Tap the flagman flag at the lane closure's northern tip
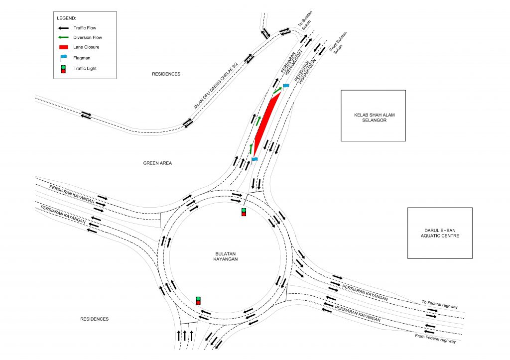pyautogui.click(x=285, y=87)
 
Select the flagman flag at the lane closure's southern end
pyautogui.click(x=255, y=160)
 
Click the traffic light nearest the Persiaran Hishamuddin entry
pyautogui.click(x=244, y=212)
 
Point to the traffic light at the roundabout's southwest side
pyautogui.click(x=198, y=300)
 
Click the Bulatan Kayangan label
pyautogui.click(x=226, y=256)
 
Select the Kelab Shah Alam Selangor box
pyautogui.click(x=373, y=116)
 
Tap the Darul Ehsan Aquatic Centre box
pyautogui.click(x=440, y=233)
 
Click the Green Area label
pyautogui.click(x=157, y=163)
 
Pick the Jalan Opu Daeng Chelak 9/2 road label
pyautogui.click(x=216, y=86)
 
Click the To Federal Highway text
pyautogui.click(x=440, y=304)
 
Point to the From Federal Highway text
pyautogui.click(x=435, y=338)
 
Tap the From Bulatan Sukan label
pyautogui.click(x=339, y=42)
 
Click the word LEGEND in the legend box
pyautogui.click(x=66, y=18)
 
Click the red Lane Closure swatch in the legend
pyautogui.click(x=63, y=47)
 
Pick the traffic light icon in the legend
pyautogui.click(x=63, y=69)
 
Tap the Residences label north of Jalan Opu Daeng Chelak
pyautogui.click(x=166, y=74)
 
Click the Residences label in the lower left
pyautogui.click(x=94, y=319)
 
